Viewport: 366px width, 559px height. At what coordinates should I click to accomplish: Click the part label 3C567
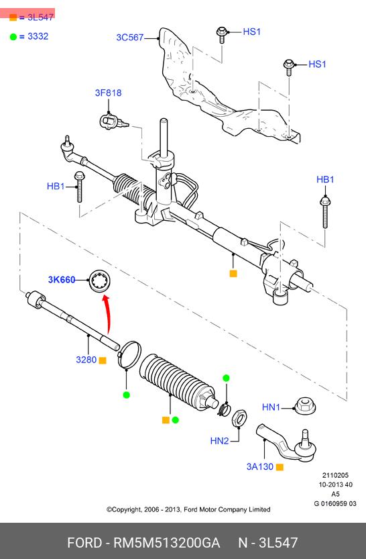point(129,38)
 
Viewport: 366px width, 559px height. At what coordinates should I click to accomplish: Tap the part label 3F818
point(108,93)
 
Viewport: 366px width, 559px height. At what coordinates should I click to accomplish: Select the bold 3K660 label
point(62,279)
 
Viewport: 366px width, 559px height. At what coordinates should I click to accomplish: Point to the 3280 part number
point(86,360)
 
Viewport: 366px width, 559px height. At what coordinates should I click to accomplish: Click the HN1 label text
point(271,407)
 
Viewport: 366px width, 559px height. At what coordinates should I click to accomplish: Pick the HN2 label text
point(219,441)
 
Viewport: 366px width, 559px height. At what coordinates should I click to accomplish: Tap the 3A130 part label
point(260,466)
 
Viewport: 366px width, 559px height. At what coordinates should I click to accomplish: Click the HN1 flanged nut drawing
point(305,407)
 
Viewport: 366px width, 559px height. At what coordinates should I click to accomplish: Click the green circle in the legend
point(13,37)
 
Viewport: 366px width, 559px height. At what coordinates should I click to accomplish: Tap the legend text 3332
point(38,36)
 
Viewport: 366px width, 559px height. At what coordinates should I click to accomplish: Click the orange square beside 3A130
point(280,467)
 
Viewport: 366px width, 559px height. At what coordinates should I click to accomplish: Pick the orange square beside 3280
point(103,360)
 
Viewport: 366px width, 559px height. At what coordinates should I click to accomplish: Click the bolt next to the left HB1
point(79,187)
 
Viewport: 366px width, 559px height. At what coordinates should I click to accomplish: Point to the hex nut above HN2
point(239,417)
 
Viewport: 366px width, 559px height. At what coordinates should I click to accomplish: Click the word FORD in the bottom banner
point(84,543)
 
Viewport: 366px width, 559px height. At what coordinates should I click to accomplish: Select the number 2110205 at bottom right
point(335,475)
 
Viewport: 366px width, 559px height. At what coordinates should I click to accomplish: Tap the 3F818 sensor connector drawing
point(113,121)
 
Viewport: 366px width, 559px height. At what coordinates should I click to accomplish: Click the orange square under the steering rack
point(233,273)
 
